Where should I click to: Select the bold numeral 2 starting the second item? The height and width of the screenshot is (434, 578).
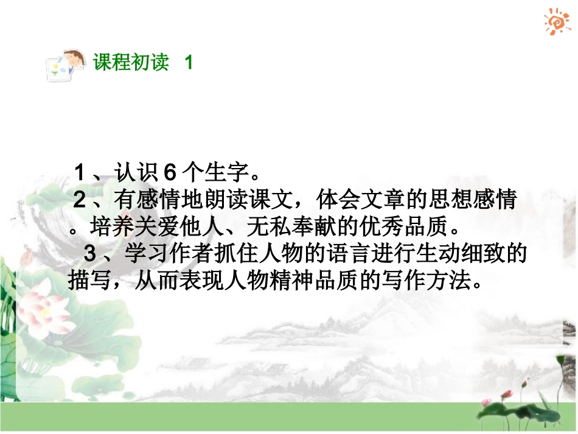coord(80,200)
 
